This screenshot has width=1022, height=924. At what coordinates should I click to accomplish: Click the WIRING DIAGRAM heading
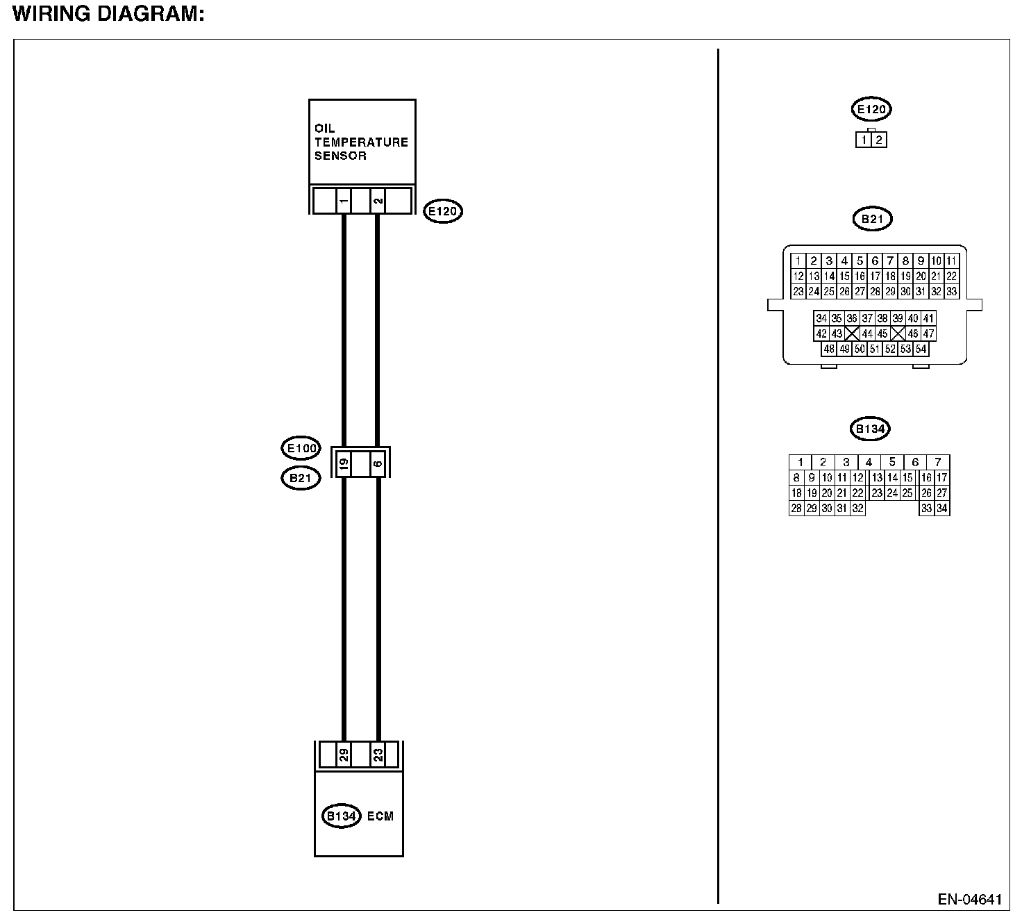click(x=108, y=15)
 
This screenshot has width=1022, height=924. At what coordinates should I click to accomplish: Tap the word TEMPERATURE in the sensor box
click(x=361, y=142)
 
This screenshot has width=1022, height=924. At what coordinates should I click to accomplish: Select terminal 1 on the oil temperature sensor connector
click(x=344, y=201)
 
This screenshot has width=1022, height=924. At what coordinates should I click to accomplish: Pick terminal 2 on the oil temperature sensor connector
click(x=377, y=201)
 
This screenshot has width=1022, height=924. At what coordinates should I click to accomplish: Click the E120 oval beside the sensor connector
click(x=443, y=211)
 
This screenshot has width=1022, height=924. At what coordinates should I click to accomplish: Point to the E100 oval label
click(x=301, y=449)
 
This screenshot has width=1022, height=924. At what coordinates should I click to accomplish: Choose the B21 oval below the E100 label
click(x=301, y=478)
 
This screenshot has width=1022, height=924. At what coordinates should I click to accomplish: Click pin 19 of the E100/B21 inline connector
click(x=343, y=463)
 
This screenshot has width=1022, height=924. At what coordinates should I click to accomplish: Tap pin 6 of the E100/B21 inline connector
click(x=377, y=463)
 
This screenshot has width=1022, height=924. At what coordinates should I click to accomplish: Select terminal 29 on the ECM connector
click(x=343, y=754)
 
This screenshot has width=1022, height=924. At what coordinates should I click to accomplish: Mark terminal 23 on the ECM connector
click(x=378, y=754)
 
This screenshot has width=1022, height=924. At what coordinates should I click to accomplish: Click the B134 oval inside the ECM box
click(x=342, y=816)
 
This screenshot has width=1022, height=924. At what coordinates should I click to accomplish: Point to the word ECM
click(x=380, y=816)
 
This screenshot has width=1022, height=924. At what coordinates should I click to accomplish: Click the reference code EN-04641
click(x=970, y=900)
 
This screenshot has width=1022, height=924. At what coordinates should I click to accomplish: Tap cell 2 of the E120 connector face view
click(x=879, y=140)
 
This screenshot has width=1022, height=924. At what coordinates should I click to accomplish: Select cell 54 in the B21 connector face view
click(x=921, y=349)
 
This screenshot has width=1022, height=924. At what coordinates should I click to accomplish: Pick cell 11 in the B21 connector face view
click(x=951, y=261)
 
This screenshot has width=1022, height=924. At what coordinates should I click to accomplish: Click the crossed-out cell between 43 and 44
click(x=852, y=333)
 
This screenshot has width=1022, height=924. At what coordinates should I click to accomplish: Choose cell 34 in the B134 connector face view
click(x=941, y=509)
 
